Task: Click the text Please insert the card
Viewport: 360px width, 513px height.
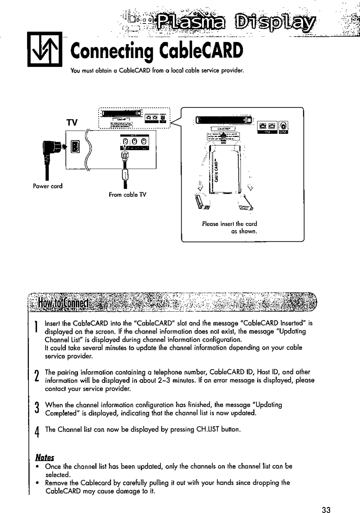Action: pos(229,224)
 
